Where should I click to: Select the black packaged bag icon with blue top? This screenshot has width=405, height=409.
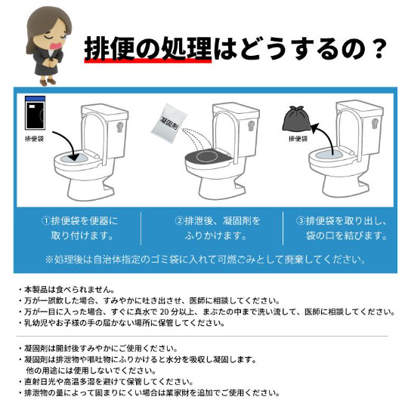pyautogui.click(x=35, y=112)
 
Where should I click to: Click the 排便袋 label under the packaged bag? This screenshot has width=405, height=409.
pyautogui.click(x=34, y=139)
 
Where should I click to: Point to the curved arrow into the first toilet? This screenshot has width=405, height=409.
pyautogui.click(x=69, y=145)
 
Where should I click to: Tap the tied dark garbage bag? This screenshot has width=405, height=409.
pyautogui.click(x=297, y=119)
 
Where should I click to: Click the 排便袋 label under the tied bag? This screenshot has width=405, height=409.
pyautogui.click(x=298, y=139)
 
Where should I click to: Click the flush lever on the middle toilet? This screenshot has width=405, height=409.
pyautogui.click(x=251, y=127)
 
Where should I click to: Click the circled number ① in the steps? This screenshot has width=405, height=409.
pyautogui.click(x=45, y=221)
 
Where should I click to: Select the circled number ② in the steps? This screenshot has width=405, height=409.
pyautogui.click(x=179, y=221)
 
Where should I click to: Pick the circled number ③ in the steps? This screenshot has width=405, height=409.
pyautogui.click(x=301, y=221)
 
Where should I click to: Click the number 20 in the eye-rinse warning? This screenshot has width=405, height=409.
pyautogui.click(x=165, y=312)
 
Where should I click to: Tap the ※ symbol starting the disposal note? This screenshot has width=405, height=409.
pyautogui.click(x=49, y=260)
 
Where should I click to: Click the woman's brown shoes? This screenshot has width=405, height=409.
pyautogui.click(x=48, y=81)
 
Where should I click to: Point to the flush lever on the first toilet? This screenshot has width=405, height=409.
pyautogui.click(x=120, y=127)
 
